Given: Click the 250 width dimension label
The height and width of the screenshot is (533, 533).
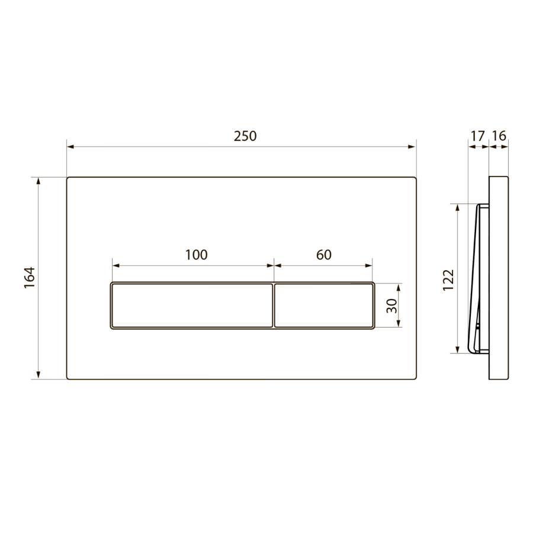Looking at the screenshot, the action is click(245, 136).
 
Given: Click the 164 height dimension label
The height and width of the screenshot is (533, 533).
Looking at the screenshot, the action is click(30, 278).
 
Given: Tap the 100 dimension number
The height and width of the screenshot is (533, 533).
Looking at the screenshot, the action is click(196, 255).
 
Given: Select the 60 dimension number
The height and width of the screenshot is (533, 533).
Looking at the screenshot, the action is click(323, 255).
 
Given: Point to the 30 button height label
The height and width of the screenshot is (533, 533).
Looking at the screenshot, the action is click(391, 305).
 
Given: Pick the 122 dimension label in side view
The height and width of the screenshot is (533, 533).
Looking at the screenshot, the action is click(448, 280).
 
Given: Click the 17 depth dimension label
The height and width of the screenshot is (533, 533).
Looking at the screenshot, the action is click(477, 136).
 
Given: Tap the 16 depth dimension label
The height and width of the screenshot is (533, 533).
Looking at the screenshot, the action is click(499, 136).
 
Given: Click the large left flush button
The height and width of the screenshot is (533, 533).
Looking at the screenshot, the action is click(191, 305).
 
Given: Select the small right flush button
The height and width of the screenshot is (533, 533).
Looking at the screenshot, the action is click(325, 305).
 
